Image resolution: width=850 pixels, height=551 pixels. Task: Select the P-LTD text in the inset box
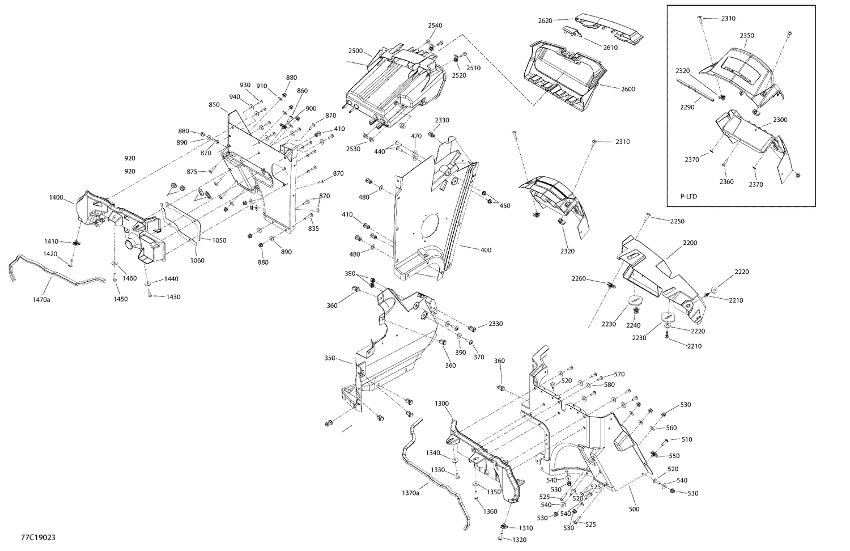point(688,197)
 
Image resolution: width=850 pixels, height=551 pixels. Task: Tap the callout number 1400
point(56,197)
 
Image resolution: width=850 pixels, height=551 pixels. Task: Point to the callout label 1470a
point(41,299)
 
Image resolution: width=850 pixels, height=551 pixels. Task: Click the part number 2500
point(355,51)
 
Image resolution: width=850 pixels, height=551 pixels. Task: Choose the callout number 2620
point(545,20)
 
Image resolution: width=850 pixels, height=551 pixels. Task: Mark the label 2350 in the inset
point(747,35)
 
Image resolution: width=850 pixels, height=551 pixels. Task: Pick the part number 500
point(634,509)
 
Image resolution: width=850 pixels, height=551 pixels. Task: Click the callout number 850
point(214,105)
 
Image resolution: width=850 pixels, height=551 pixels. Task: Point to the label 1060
point(197,261)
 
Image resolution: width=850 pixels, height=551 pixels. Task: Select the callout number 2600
point(628,89)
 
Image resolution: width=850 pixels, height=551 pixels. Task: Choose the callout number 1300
point(441,404)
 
